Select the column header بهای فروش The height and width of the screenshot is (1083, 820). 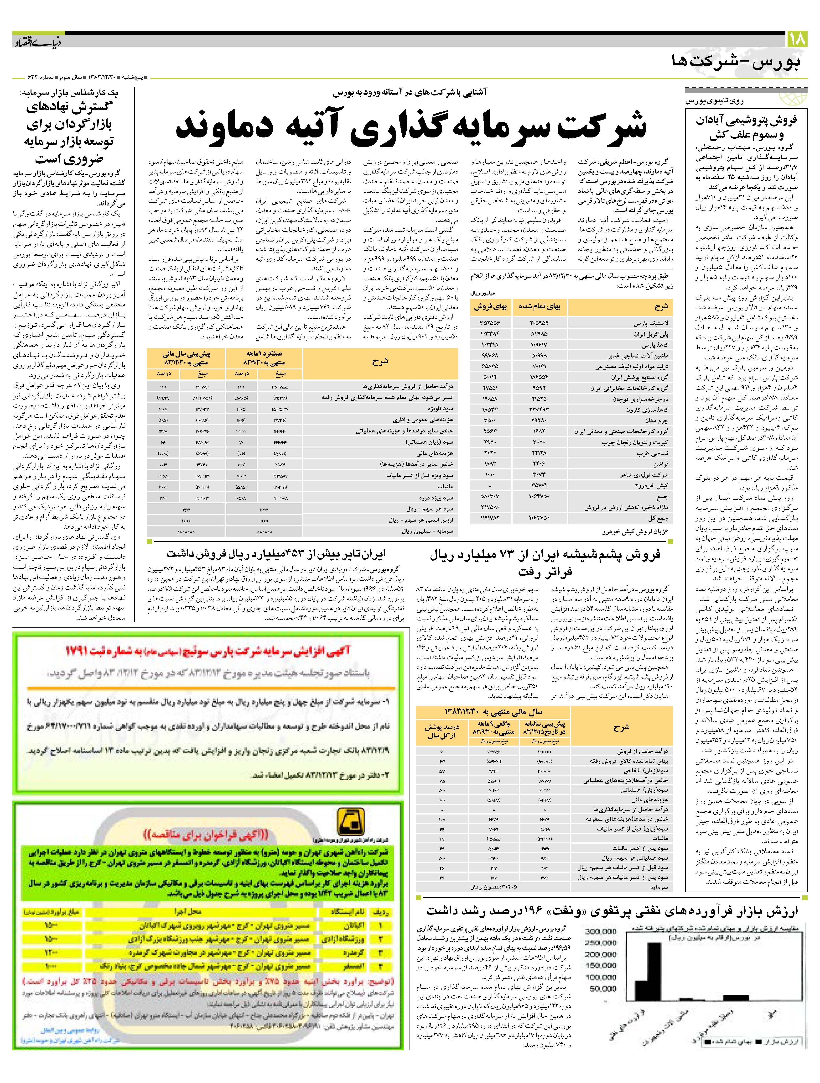tap(490, 307)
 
